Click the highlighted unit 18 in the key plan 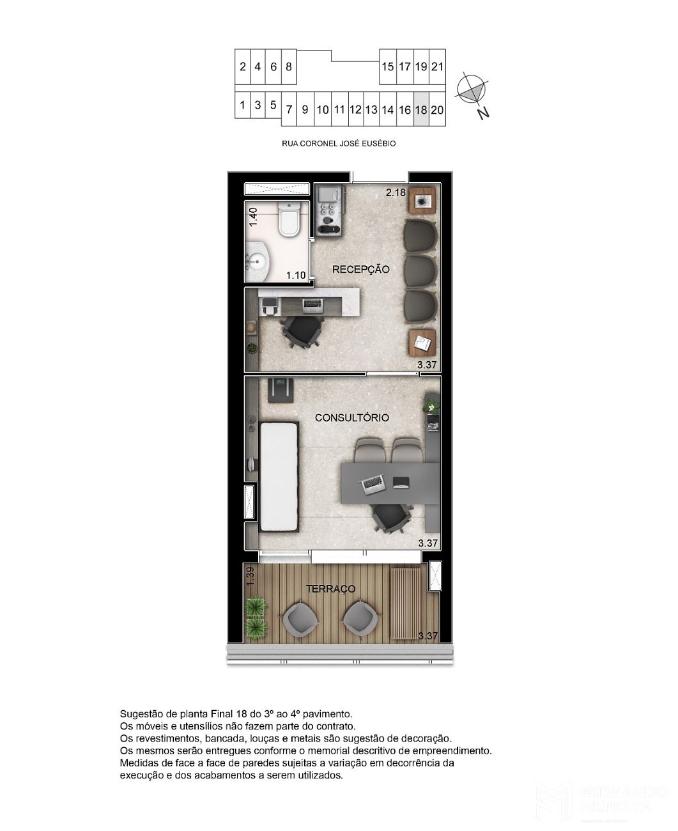(420, 109)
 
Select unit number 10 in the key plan (323, 110)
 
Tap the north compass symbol (472, 92)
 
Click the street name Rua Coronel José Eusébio (339, 143)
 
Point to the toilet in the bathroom (289, 219)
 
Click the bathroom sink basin (259, 260)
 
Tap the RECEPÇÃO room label (360, 270)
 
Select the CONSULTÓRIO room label (352, 417)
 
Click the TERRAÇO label (330, 589)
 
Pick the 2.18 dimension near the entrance (396, 192)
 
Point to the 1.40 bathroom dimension (253, 217)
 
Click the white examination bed (279, 476)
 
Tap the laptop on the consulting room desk (373, 485)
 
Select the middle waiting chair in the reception (420, 271)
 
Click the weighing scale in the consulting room (280, 390)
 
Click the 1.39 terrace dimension (250, 576)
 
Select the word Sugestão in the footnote (139, 714)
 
